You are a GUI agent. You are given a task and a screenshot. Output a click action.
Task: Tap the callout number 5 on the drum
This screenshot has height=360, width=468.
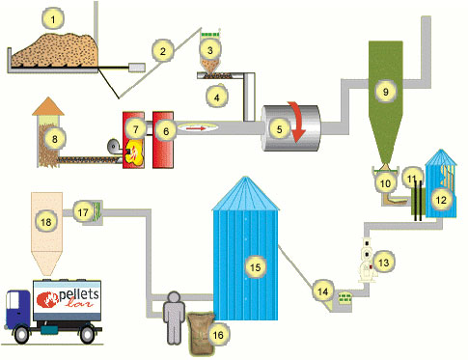point(280,125)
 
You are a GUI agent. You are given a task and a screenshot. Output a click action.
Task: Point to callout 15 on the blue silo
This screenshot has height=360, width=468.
point(255,263)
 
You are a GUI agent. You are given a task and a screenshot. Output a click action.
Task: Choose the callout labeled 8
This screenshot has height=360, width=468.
point(56,139)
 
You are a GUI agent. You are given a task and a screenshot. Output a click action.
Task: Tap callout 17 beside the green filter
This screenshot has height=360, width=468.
point(83,208)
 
